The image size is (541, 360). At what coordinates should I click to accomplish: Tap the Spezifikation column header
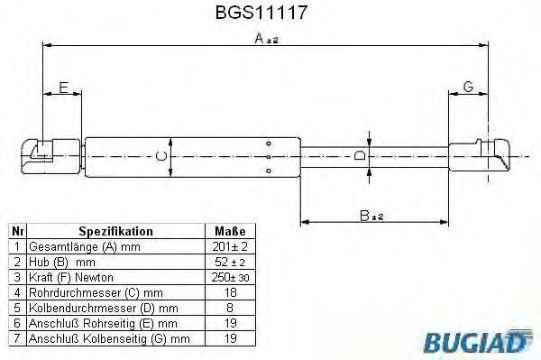click(x=115, y=231)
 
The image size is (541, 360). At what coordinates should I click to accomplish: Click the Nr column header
click(x=15, y=231)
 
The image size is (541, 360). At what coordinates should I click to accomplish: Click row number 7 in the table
click(x=15, y=338)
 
